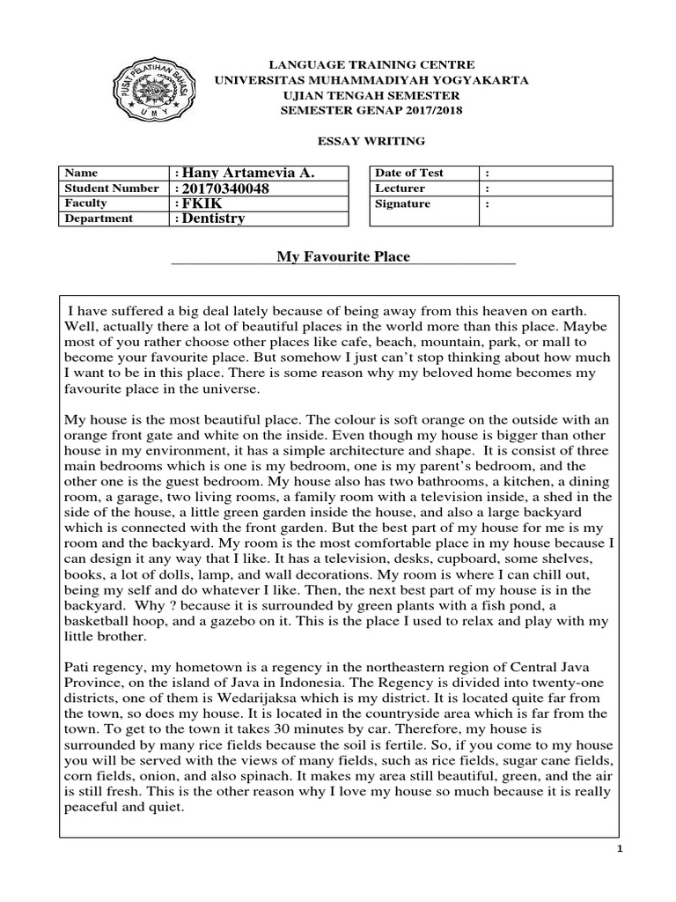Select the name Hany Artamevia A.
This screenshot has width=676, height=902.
tap(246, 173)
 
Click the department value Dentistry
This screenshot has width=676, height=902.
tap(214, 218)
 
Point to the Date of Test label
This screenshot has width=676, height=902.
tap(411, 173)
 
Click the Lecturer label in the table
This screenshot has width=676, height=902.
tap(400, 189)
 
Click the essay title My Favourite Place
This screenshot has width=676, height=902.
tap(343, 256)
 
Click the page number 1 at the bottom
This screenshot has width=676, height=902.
tap(619, 848)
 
